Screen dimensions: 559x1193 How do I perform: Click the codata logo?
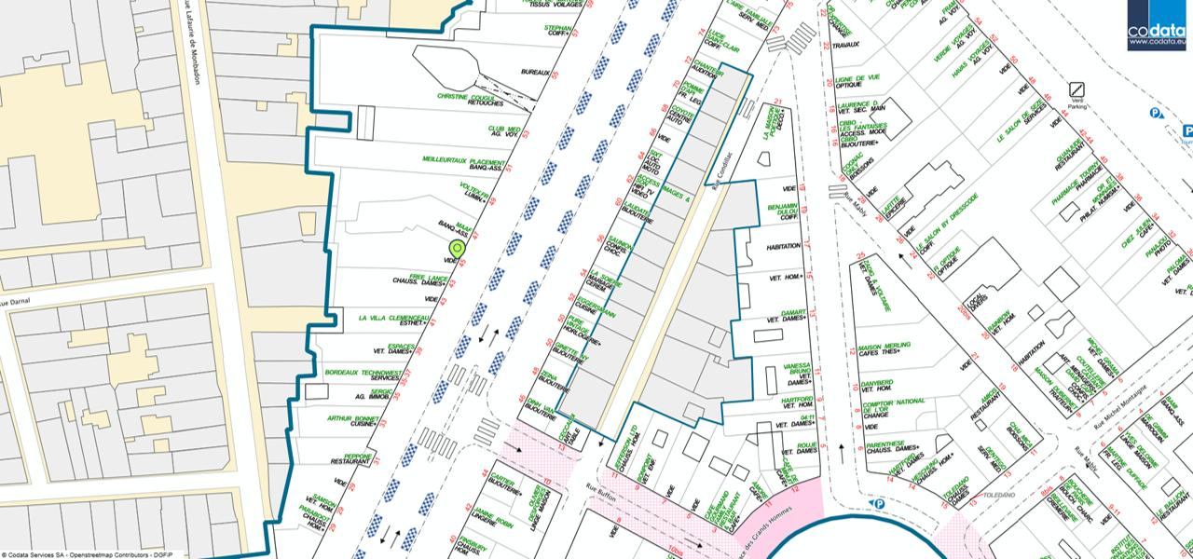[1157, 25]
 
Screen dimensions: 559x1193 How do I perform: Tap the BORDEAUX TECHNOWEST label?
[364, 373]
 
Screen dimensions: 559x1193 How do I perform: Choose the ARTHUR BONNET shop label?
[353, 418]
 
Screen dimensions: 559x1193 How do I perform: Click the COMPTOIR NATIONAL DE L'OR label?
[894, 402]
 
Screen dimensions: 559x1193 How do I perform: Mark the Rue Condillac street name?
[717, 171]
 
